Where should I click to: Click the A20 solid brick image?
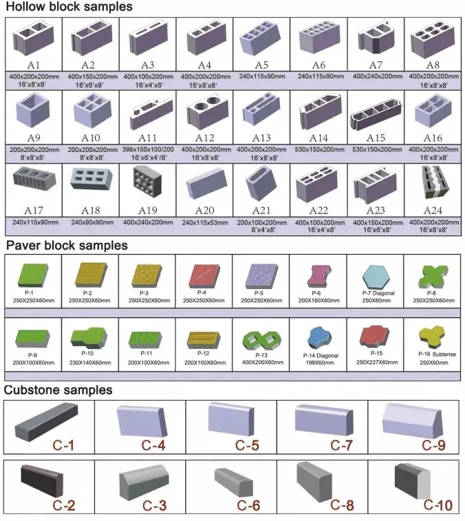(204, 184)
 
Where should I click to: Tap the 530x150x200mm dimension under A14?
(318, 149)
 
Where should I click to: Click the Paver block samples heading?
(67, 245)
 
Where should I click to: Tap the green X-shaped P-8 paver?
(432, 273)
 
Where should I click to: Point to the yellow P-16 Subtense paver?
(432, 337)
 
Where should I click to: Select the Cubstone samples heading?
(58, 390)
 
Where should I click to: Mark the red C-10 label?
(437, 506)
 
